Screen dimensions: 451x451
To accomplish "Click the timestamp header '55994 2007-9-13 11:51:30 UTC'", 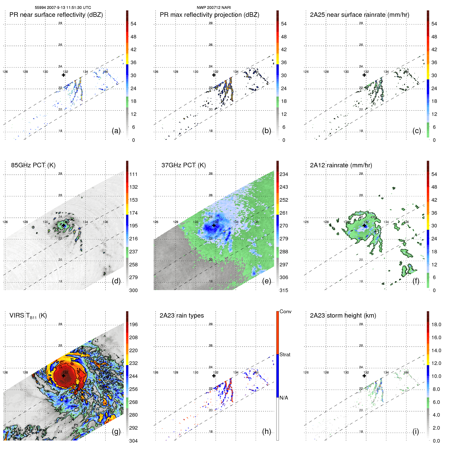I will click(63, 8).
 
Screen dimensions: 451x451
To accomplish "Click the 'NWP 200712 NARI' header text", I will click(214, 8).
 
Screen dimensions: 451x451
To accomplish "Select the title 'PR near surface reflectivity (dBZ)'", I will click(56, 15).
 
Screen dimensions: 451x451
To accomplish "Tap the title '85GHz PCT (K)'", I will click(33, 165).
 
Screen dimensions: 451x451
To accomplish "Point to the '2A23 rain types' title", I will click(182, 316).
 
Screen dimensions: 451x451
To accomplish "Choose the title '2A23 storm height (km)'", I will click(343, 316).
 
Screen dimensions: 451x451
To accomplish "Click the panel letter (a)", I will click(116, 131).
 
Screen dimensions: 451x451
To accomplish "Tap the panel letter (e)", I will click(267, 281).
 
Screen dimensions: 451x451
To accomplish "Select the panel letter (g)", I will click(116, 431).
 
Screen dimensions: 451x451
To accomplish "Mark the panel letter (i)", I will click(416, 431).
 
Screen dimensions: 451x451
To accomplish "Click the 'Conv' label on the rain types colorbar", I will click(285, 311).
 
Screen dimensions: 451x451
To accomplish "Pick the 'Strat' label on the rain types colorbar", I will click(285, 354).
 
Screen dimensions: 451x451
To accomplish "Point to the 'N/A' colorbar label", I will click(284, 398).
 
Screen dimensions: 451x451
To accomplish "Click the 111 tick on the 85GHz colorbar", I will click(133, 174).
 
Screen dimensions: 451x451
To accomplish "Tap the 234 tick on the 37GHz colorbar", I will click(284, 174).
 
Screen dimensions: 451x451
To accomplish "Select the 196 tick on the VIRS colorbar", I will click(133, 324).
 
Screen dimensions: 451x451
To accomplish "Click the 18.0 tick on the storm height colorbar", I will click(436, 324).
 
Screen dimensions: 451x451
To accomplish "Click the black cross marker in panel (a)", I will click(63, 75).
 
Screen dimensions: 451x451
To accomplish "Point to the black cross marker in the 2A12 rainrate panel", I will click(364, 225).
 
